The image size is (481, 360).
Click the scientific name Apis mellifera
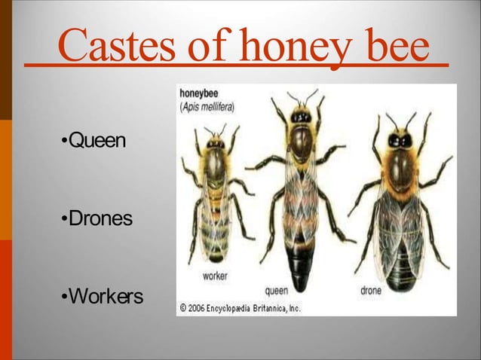click(207, 107)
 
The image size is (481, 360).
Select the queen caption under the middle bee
click(278, 290)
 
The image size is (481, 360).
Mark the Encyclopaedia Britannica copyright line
click(240, 307)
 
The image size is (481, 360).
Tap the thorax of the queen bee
click(302, 147)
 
